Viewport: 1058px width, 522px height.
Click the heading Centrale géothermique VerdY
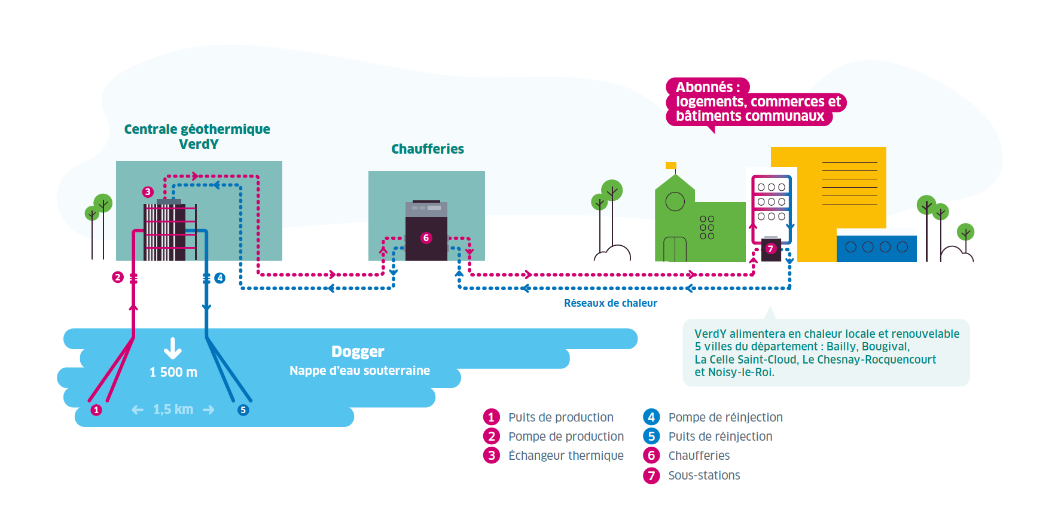tap(197, 136)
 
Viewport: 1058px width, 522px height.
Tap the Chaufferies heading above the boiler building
tap(427, 149)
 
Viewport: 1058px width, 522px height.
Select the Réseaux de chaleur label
tap(610, 303)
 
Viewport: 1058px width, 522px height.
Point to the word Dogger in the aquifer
tap(358, 352)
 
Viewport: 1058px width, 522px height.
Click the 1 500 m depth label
tap(173, 372)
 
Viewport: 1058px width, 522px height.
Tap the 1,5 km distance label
tap(173, 410)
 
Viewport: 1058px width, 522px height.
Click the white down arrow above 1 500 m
tap(173, 348)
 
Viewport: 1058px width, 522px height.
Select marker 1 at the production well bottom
tap(96, 410)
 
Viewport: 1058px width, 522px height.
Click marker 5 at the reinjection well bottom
tap(243, 410)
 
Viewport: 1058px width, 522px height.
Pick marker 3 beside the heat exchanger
tap(148, 192)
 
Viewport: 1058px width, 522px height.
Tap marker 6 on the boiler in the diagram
tap(426, 238)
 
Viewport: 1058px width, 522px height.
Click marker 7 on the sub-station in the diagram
tap(770, 249)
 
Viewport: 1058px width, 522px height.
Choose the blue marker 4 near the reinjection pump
tap(220, 278)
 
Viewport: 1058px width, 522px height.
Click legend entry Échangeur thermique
tap(565, 456)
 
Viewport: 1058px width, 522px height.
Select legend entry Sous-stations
tap(703, 475)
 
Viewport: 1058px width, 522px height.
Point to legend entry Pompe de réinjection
tap(725, 417)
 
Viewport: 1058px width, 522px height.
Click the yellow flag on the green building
tap(671, 166)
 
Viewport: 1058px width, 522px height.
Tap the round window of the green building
tap(675, 202)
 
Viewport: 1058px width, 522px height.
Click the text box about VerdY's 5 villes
tap(826, 353)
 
